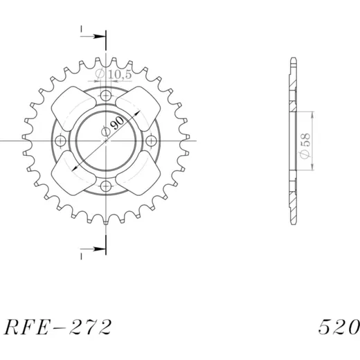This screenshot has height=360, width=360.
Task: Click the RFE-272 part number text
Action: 57,327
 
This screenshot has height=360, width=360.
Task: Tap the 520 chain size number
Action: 339,327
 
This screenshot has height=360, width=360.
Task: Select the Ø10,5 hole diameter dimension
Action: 114,74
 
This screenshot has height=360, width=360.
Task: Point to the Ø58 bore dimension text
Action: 305,146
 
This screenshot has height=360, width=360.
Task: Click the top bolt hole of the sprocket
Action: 106,95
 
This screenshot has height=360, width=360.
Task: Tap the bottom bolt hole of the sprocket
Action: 106,186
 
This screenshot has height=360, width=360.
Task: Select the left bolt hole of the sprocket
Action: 60,141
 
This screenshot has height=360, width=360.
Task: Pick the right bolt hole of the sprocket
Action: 151,141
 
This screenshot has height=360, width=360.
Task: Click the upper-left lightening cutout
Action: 73,109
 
